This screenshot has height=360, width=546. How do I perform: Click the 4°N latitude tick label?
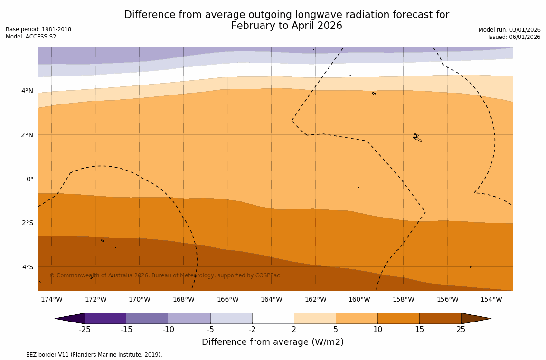pos(27,91)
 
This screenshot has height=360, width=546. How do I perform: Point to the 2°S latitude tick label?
pos(27,223)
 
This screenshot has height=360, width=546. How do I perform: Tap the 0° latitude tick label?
pos(29,179)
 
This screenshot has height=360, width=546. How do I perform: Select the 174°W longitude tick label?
pos(51,299)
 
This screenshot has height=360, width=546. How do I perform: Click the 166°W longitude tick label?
pos(227,299)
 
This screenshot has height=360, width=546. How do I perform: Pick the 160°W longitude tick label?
pos(359,299)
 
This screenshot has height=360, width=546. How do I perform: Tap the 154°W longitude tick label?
pos(491,299)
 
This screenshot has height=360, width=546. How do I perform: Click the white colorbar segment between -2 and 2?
pos(273,318)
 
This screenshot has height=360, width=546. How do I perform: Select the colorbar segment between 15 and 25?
pos(440,318)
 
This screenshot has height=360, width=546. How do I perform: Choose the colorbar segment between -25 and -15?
pos(105,318)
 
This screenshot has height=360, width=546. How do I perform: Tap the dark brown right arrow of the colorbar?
pos(475,318)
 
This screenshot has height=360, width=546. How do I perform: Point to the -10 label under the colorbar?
pos(169,330)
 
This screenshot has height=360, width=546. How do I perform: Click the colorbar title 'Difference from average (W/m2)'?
pos(273,342)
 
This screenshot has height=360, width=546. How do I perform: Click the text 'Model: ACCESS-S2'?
pos(31,37)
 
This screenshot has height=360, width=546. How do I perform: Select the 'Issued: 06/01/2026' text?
pos(514,37)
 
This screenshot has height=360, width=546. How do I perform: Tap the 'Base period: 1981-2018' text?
pos(38,29)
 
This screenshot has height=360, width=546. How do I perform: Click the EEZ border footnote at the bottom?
pos(84,355)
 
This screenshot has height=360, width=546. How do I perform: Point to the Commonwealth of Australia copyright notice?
pos(165,275)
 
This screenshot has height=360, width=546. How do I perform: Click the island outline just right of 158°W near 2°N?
pos(417,137)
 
